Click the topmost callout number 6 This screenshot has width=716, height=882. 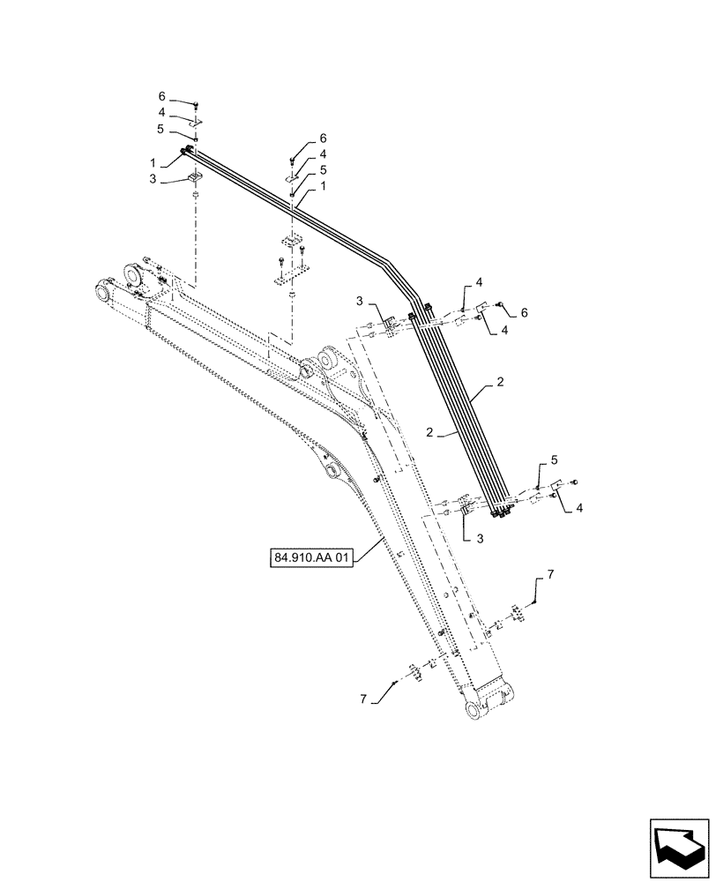[x=162, y=95]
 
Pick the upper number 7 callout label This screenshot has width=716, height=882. [x=550, y=574]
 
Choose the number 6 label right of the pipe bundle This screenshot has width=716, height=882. [x=524, y=312]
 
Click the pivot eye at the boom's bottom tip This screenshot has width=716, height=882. [x=474, y=710]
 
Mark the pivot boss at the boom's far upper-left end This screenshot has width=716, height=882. [x=103, y=290]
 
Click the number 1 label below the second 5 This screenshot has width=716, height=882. [x=324, y=186]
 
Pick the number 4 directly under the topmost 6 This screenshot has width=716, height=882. [x=162, y=112]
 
